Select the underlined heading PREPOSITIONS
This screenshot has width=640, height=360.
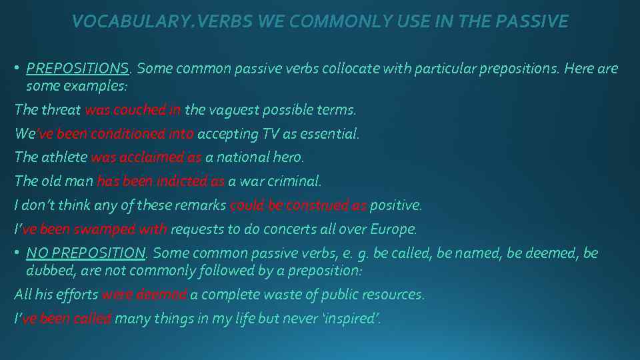coord(77,69)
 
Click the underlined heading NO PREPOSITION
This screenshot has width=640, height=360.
coord(85,253)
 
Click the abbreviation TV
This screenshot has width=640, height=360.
coord(271,134)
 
